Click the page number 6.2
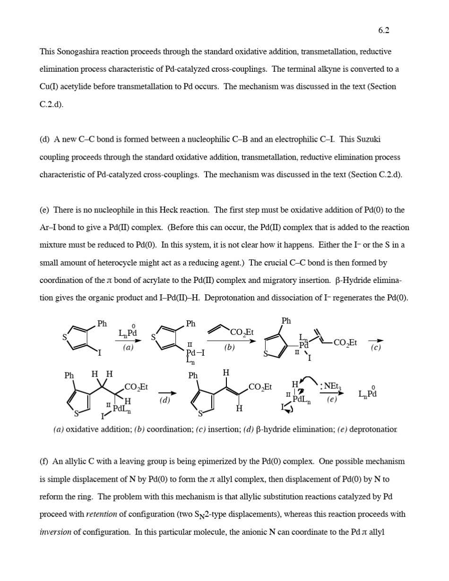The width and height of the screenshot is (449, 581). tap(383, 31)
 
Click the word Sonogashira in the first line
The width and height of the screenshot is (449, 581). tap(77, 51)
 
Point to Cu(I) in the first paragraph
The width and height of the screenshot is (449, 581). tap(49, 87)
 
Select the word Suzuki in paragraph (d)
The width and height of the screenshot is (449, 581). tap(368, 139)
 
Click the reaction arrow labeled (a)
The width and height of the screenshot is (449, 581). tap(130, 341)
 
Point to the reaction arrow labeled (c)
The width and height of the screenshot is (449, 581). tap(376, 341)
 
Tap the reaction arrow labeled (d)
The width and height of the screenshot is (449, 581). tap(167, 393)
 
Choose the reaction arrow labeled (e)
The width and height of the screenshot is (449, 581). tap(332, 393)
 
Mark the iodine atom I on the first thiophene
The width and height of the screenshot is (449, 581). tap(100, 352)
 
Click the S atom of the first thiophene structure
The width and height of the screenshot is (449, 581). tap(65, 337)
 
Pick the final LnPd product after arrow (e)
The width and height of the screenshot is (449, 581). tap(368, 393)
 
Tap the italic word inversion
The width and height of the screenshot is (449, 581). tap(55, 532)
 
